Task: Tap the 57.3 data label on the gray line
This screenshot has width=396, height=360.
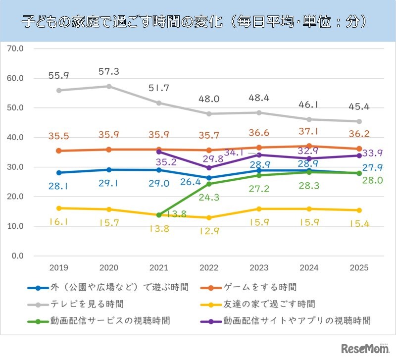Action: [x=108, y=72]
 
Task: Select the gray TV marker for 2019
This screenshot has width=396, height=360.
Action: [x=59, y=90]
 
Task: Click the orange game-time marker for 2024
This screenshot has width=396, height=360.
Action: [x=309, y=146]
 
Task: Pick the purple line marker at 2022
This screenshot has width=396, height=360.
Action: [x=209, y=168]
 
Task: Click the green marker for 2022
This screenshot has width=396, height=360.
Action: [x=209, y=184]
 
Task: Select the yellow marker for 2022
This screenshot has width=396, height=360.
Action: [x=209, y=217]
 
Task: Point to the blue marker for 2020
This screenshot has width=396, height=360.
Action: [x=109, y=170]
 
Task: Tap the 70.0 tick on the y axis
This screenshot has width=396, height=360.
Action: [x=14, y=49]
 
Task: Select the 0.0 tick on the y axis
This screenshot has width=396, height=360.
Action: [x=16, y=256]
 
